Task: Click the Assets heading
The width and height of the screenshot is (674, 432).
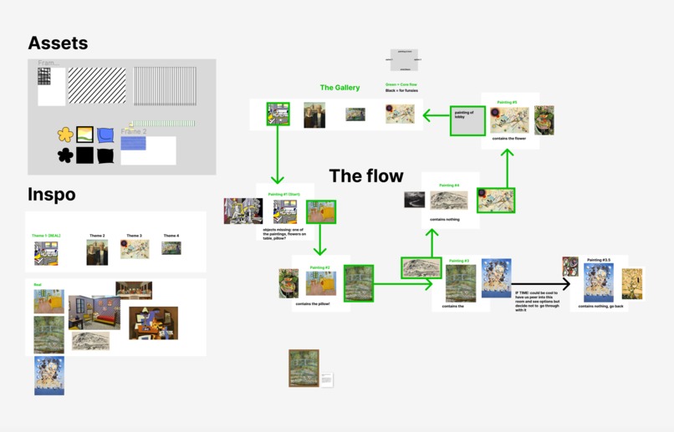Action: (x=58, y=43)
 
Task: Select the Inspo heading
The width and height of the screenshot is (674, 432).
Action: (x=51, y=195)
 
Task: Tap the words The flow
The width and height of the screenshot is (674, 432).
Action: (x=366, y=175)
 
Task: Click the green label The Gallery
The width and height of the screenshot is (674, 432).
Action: (x=340, y=88)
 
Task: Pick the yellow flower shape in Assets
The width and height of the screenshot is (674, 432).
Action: (x=65, y=134)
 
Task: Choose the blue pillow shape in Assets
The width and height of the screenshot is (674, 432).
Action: (x=105, y=134)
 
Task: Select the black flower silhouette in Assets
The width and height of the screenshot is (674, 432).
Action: (x=65, y=155)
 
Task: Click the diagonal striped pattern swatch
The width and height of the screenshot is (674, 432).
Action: (x=97, y=86)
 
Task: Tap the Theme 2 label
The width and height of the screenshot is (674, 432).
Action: (x=97, y=236)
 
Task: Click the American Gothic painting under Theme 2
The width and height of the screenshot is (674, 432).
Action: (x=97, y=252)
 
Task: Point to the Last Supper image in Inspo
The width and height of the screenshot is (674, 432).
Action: (x=134, y=290)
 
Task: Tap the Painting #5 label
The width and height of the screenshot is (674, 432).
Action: (x=507, y=102)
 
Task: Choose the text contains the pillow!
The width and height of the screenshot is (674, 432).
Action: (x=312, y=304)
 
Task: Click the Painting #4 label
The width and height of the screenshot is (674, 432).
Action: (x=449, y=186)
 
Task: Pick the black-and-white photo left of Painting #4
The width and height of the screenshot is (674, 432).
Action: (x=414, y=200)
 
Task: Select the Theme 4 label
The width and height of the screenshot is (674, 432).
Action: (x=171, y=236)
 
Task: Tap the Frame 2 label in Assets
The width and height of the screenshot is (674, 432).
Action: (x=133, y=132)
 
